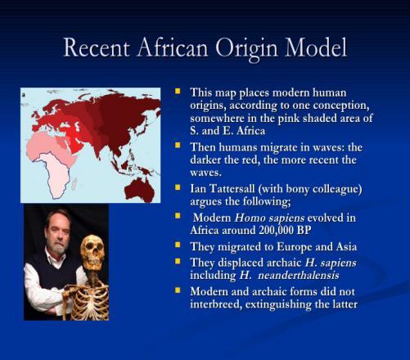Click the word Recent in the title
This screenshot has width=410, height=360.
[97, 47]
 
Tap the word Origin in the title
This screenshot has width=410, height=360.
[247, 48]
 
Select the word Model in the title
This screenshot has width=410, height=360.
[316, 47]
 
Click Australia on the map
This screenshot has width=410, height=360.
[140, 189]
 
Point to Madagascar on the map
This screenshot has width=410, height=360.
[74, 183]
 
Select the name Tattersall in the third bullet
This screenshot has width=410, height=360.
[229, 188]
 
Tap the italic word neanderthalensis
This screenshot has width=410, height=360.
[298, 275]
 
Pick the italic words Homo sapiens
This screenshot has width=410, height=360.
[269, 218]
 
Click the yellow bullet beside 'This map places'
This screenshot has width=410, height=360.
[178, 91]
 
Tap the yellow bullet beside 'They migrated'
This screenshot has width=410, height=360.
[178, 245]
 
